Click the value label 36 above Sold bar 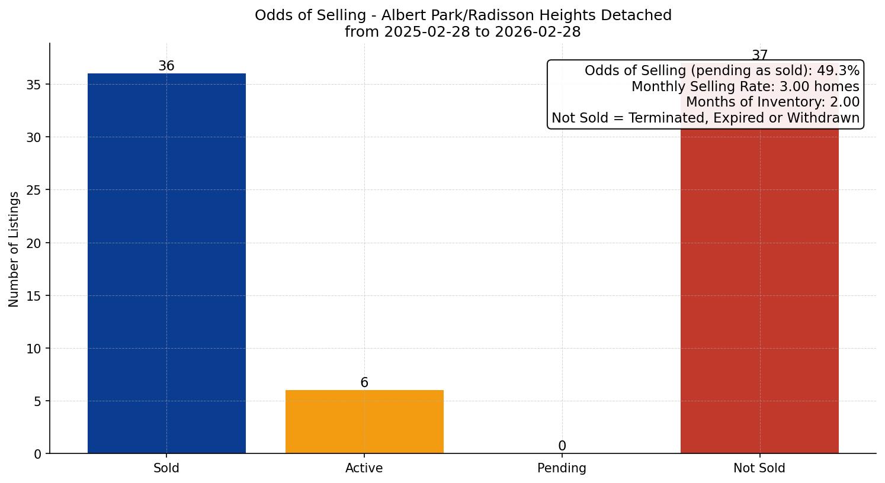pos(166,66)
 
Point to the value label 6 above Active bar pos(364,382)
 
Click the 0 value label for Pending pos(562,446)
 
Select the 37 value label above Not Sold pos(759,56)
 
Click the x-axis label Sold pos(166,468)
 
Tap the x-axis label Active pos(364,468)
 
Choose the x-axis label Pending pos(562,468)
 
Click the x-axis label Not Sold pos(759,468)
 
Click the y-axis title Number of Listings pos(14,249)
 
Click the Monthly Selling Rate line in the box pos(745,86)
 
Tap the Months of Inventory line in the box pos(772,102)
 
